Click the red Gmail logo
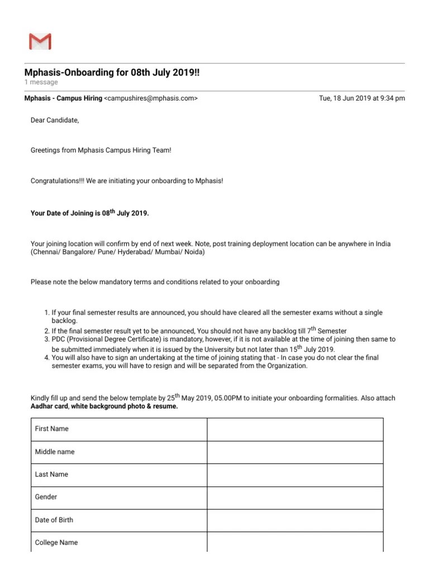(x=40, y=41)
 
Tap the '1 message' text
(x=41, y=82)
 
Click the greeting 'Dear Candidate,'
(x=55, y=121)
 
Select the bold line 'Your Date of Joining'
(x=89, y=213)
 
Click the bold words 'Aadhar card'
(x=50, y=407)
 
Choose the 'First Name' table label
(x=52, y=429)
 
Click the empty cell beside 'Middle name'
(x=295, y=452)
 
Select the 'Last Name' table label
(x=51, y=474)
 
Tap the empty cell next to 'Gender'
(x=295, y=497)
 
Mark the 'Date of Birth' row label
(x=54, y=519)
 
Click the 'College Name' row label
(x=56, y=542)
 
